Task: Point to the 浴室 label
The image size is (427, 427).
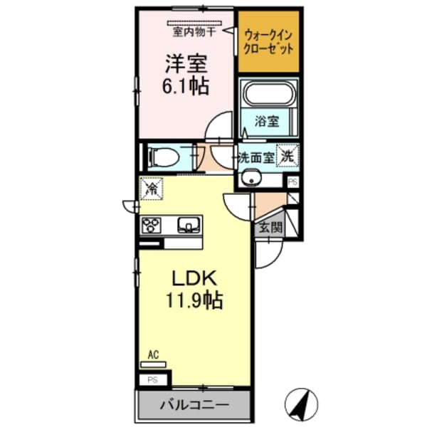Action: coord(268,122)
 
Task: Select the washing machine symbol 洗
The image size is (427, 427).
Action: coord(288,155)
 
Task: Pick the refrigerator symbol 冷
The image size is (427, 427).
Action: coord(152,189)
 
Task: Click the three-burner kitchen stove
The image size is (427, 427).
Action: coord(152,226)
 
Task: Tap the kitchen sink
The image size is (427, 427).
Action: coord(188,226)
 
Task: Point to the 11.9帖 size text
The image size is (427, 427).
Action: coord(194,300)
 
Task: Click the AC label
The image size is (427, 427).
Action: coord(152,354)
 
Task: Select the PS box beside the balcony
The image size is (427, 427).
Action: coord(152,380)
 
